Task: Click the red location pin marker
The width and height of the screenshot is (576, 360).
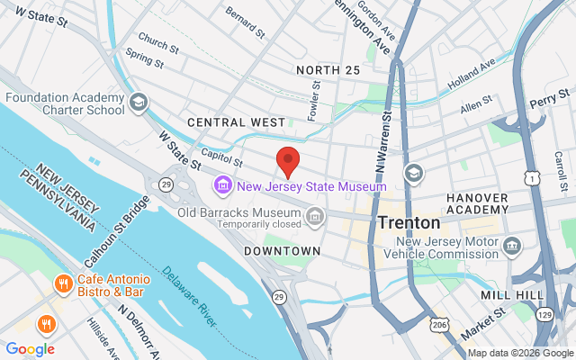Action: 288,160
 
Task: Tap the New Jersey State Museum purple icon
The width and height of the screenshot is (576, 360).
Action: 221,186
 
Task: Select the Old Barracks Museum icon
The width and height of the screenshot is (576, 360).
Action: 316,216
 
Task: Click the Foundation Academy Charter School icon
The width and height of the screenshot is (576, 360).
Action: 138,103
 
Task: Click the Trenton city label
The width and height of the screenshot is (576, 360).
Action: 409,221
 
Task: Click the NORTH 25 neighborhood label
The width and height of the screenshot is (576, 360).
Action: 328,70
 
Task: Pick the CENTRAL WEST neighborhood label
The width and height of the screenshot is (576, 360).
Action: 236,121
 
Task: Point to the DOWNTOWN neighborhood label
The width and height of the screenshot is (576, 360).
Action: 282,250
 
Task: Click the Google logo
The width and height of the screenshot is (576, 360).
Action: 30,349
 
